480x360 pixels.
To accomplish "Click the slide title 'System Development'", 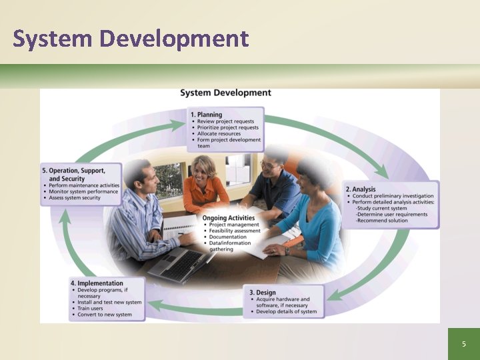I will [x=131, y=39].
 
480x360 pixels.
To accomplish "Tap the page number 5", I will [x=464, y=344].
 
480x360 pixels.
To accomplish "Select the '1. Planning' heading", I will [x=206, y=115].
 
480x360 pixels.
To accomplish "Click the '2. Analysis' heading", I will [x=361, y=189].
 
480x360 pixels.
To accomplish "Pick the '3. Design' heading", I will [x=261, y=292].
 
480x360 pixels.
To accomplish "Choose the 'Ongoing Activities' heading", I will [x=229, y=217].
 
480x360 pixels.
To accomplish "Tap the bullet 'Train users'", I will [x=93, y=309].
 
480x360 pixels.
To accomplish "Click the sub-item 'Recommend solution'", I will [x=382, y=221].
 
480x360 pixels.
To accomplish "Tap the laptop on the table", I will [x=176, y=263].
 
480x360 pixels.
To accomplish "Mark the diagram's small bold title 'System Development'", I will [x=225, y=93].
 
